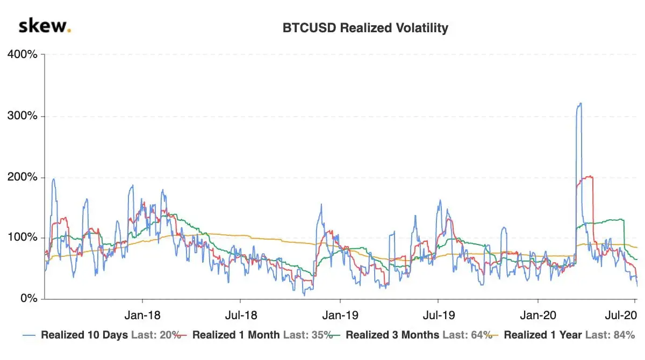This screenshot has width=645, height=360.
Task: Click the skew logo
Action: click(x=45, y=26)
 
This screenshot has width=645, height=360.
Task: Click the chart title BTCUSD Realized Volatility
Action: click(x=365, y=28)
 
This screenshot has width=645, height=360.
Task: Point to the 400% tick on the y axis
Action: click(x=22, y=55)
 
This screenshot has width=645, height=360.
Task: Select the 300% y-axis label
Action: click(x=22, y=116)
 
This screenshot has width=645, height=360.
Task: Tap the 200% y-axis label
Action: click(x=22, y=177)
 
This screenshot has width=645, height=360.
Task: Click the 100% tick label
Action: click(x=22, y=238)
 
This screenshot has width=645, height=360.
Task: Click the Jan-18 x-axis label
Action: click(x=142, y=313)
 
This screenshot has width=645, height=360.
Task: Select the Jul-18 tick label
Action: click(x=240, y=313)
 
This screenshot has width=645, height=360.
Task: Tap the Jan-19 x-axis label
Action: click(x=340, y=313)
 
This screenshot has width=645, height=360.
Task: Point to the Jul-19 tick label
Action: click(x=438, y=313)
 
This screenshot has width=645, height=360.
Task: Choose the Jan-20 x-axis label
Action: click(x=537, y=313)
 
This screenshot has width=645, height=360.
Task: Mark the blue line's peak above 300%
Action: click(x=579, y=104)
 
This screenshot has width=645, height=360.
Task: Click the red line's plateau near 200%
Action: click(x=587, y=177)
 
